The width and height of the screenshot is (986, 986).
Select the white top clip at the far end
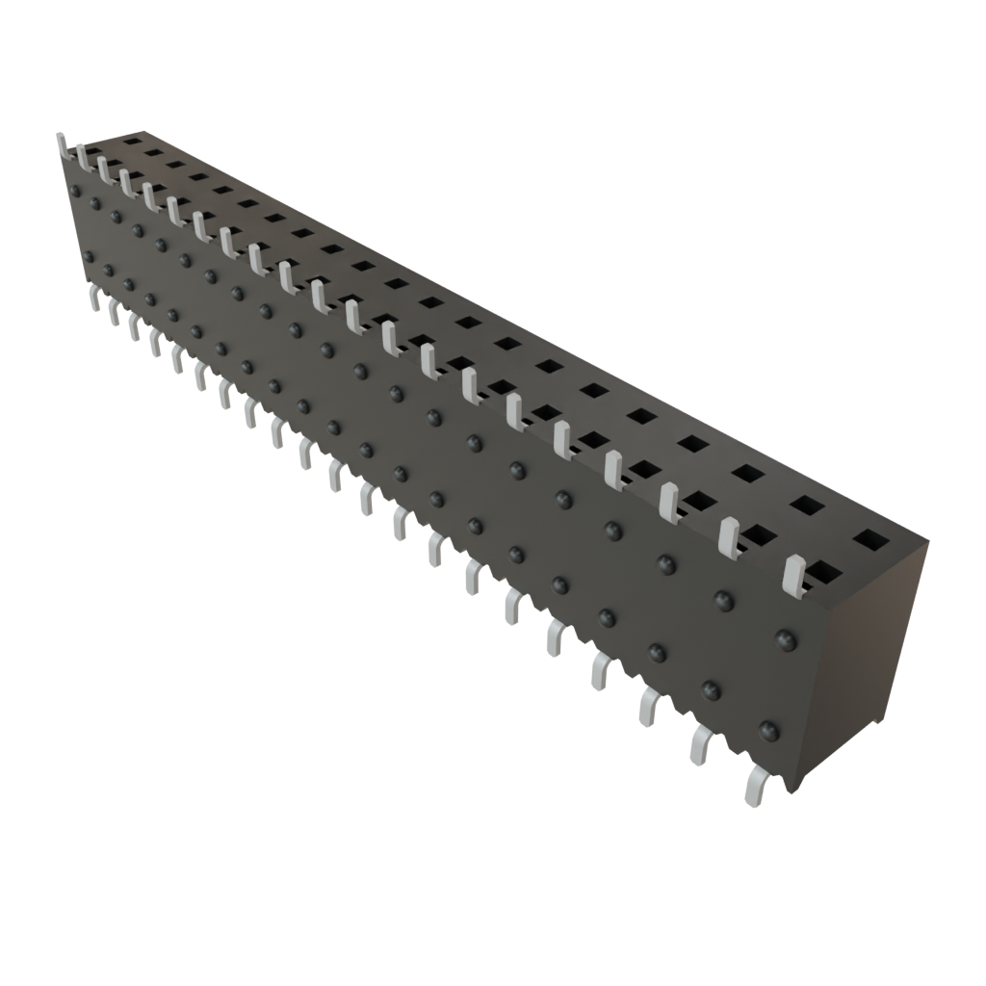point(63,144)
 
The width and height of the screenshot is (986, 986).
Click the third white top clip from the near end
point(670,499)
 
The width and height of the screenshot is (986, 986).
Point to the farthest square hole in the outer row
point(132,143)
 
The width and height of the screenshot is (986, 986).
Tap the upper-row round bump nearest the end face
point(787,639)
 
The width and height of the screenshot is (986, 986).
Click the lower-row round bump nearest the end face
point(767,729)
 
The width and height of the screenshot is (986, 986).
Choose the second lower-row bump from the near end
point(712,688)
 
